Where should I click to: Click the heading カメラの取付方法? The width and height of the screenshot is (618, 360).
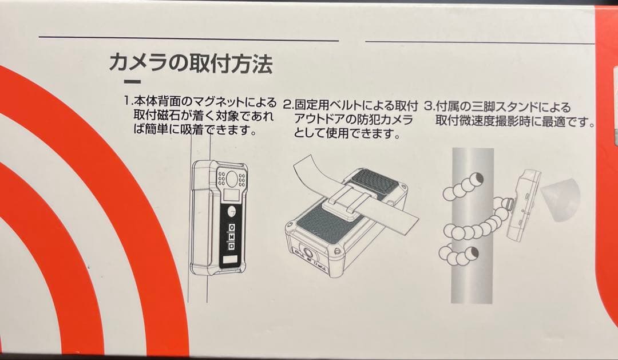click(x=190, y=64)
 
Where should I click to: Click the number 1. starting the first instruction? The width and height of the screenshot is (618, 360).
click(x=129, y=101)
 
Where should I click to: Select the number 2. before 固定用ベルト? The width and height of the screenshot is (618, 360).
click(x=288, y=105)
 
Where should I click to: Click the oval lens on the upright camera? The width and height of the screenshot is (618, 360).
click(x=231, y=179)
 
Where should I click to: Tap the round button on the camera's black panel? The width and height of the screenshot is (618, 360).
click(x=232, y=211)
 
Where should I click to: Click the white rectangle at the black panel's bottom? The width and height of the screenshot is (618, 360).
click(x=231, y=260)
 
